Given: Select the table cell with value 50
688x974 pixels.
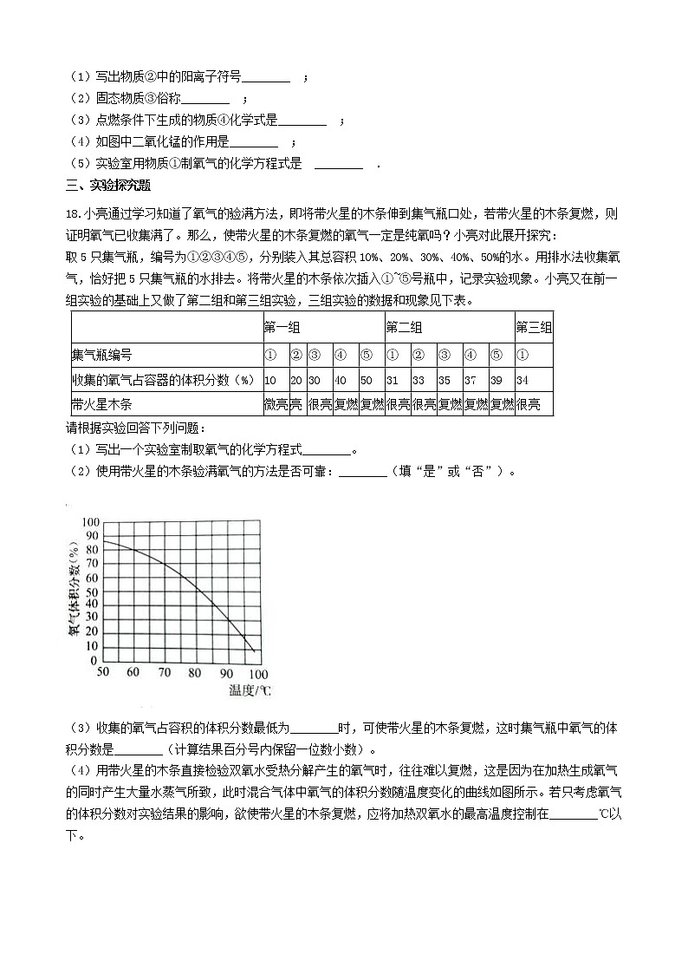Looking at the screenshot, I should click(366, 379).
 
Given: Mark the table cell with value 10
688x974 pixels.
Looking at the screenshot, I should click(270, 379).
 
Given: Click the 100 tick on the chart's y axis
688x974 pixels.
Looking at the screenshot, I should click(90, 521).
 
